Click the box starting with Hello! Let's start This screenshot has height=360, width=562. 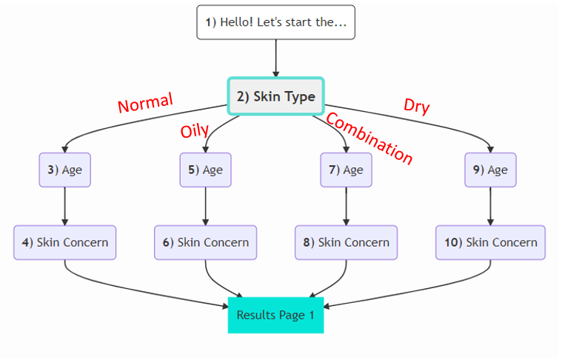275,22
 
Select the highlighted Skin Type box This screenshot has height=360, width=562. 275,96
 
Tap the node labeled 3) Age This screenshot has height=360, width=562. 65,170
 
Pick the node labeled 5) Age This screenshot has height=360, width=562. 205,170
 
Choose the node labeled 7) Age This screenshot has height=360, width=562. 346,170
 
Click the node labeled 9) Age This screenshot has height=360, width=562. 490,170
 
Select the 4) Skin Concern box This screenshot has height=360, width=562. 65,242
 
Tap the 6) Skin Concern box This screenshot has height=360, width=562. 205,242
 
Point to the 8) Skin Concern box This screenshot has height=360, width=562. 346,242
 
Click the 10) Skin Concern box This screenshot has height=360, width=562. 490,242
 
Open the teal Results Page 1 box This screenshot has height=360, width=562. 275,315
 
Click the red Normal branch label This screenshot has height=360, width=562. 146,103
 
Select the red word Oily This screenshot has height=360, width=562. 195,131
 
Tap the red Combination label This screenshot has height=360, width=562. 369,139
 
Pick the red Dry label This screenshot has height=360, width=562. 416,107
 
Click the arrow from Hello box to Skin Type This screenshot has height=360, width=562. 275,58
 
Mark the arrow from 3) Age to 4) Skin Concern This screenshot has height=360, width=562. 65,206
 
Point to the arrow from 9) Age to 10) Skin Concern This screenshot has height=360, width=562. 490,206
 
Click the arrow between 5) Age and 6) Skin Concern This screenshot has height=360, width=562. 205,206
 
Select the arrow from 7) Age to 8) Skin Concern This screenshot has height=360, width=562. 346,206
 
